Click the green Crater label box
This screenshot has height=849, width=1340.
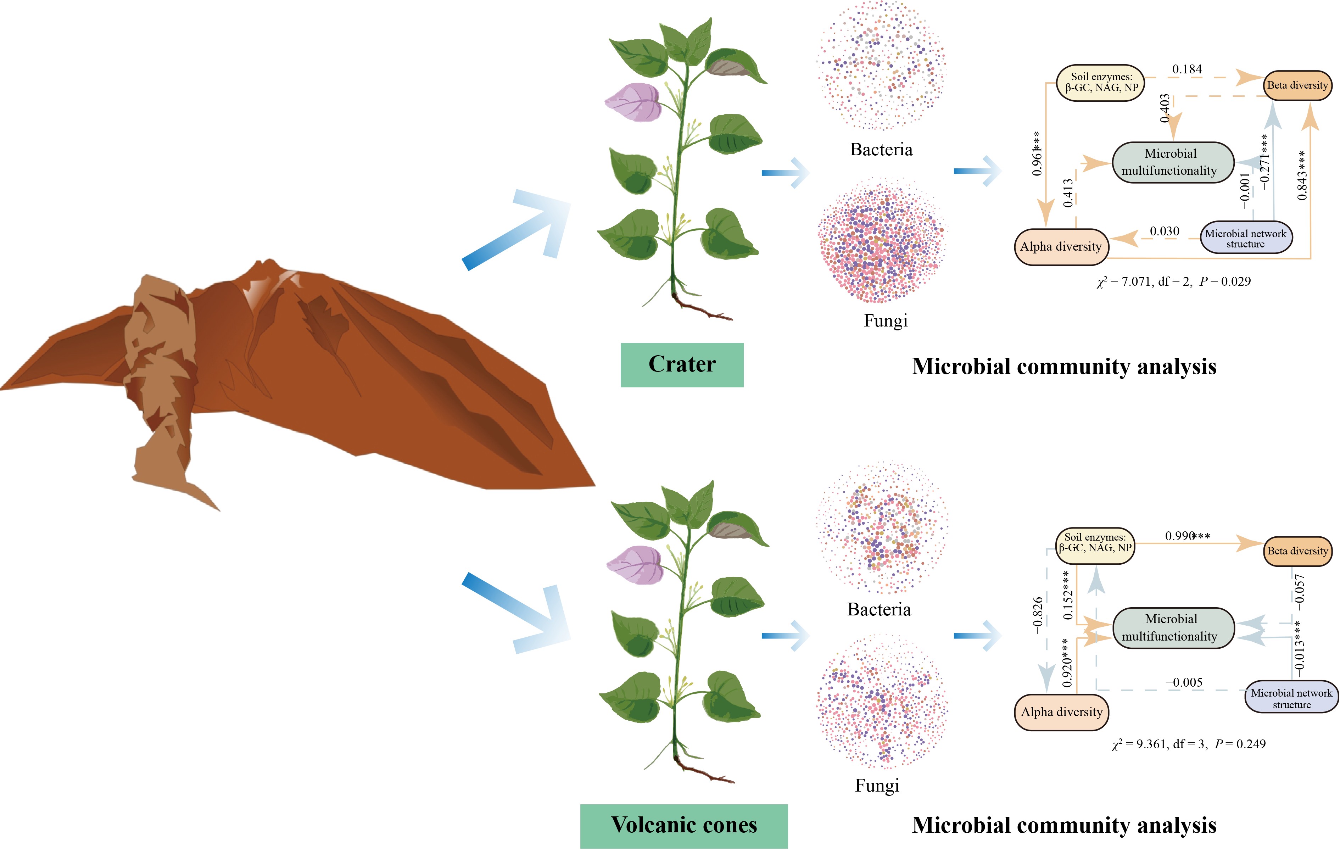tap(682, 364)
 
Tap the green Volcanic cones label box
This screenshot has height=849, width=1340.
tap(684, 825)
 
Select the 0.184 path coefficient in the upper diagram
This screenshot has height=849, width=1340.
tap(1187, 69)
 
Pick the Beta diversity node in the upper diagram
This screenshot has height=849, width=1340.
tap(1297, 85)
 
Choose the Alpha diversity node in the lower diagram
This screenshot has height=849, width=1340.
tap(1061, 712)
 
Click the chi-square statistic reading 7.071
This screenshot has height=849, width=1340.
tap(1135, 281)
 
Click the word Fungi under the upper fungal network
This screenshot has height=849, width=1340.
tap(886, 321)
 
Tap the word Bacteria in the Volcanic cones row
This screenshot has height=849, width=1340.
tap(879, 610)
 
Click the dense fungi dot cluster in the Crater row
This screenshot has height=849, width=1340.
tap(882, 240)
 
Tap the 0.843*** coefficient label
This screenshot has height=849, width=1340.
tap(1302, 175)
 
